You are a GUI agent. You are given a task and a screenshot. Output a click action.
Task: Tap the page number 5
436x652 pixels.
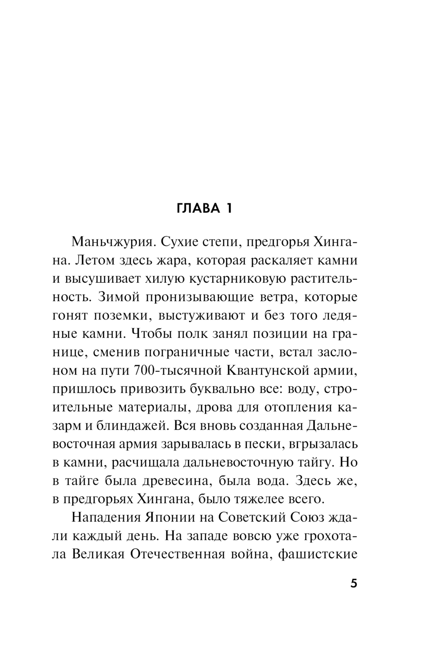(x=354, y=583)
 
